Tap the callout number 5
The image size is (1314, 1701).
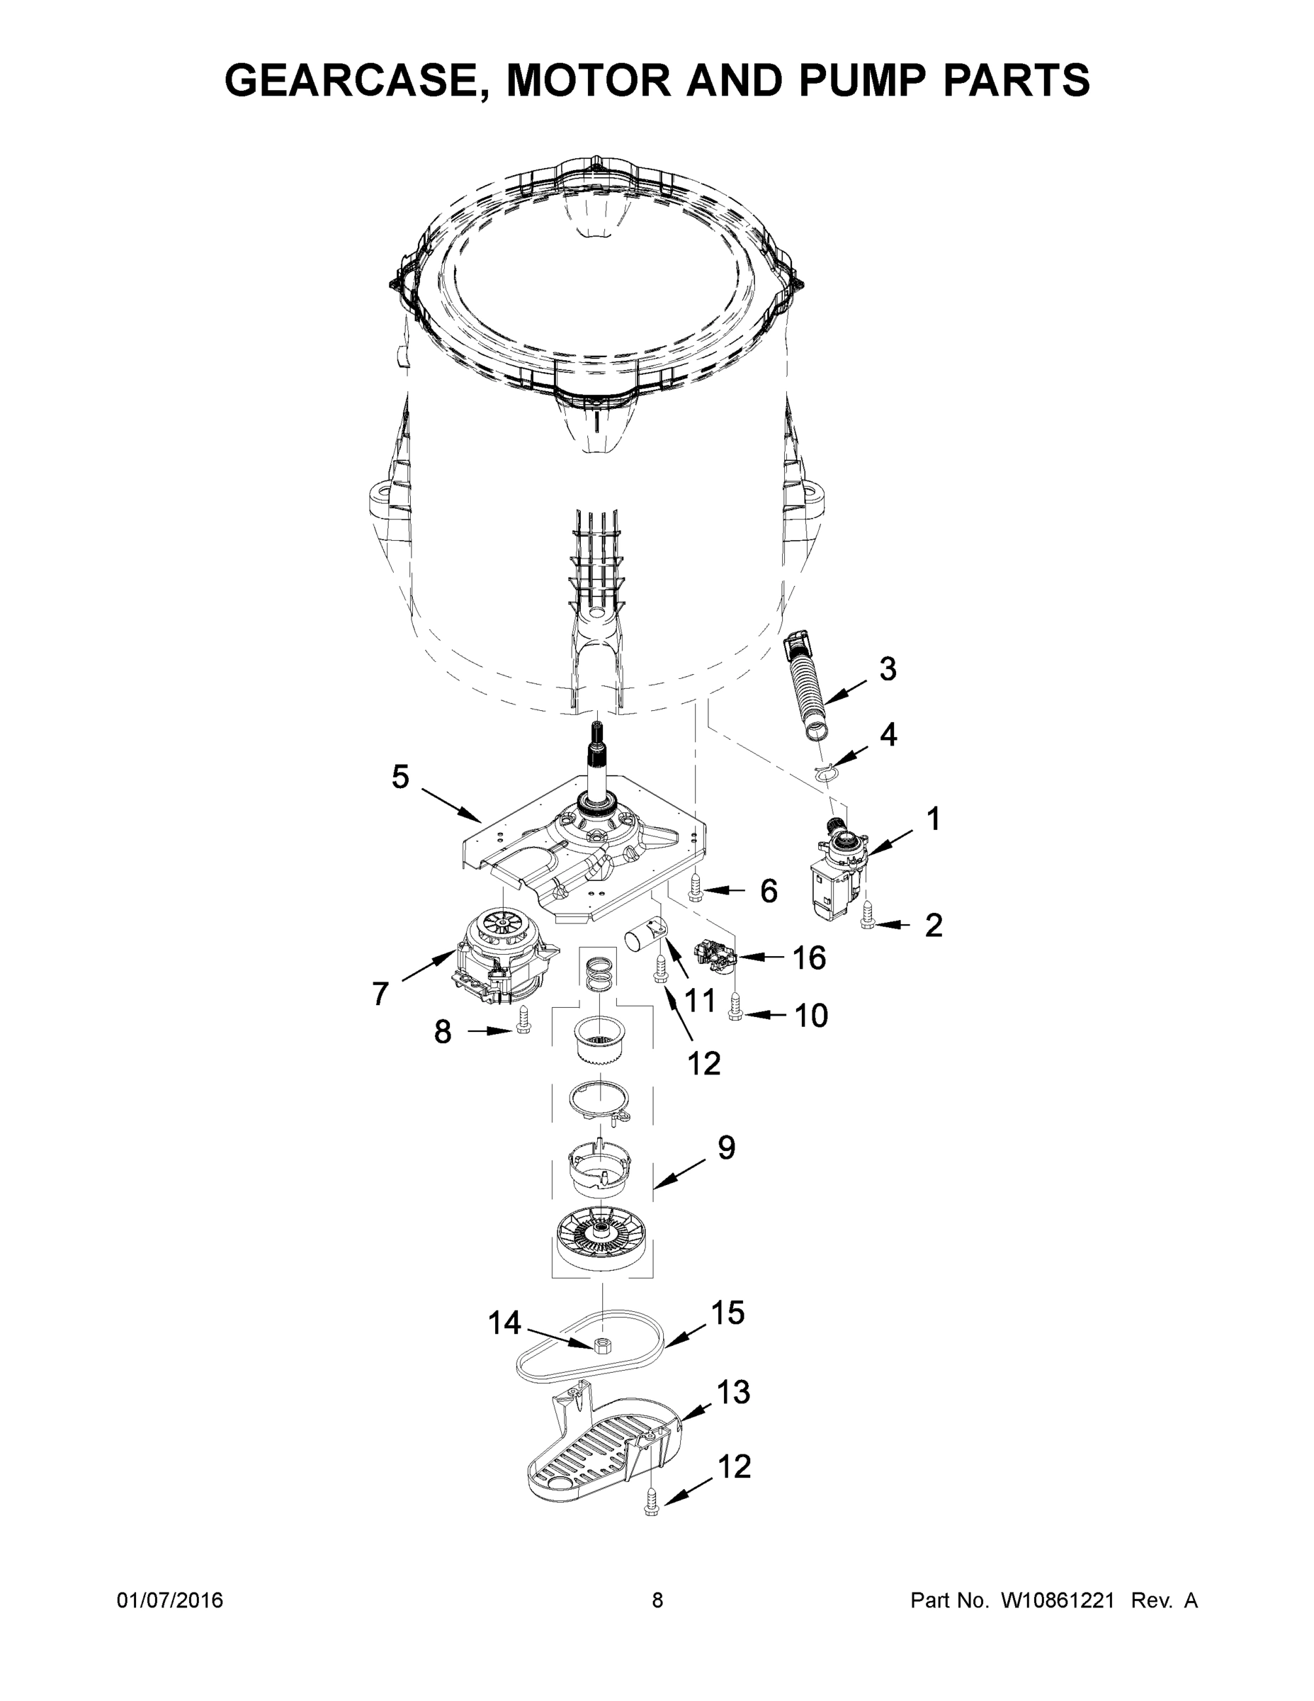pyautogui.click(x=400, y=777)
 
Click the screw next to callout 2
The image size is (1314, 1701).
pyautogui.click(x=867, y=914)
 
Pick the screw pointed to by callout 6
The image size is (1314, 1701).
pyautogui.click(x=696, y=887)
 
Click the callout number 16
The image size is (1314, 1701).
pyautogui.click(x=808, y=958)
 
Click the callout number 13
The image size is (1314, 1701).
pyautogui.click(x=732, y=1392)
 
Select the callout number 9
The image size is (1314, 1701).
pyautogui.click(x=725, y=1147)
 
